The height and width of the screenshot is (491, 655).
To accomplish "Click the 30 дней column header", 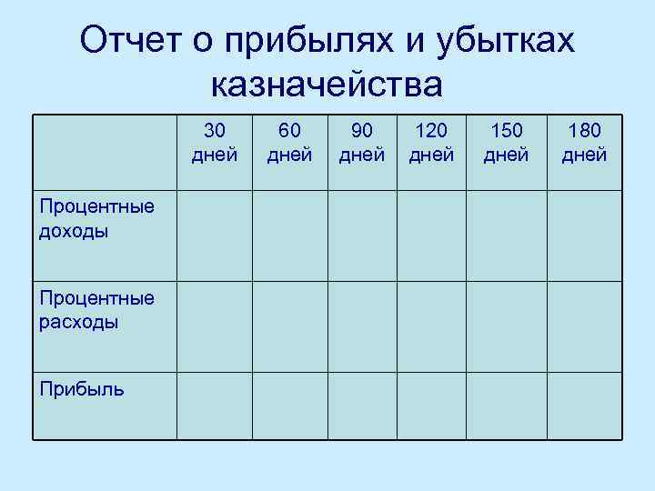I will click(215, 143).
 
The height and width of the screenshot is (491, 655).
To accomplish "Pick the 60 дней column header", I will click(289, 143).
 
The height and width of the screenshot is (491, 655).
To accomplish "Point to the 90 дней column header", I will click(362, 143).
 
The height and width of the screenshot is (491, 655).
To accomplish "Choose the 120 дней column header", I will click(431, 143).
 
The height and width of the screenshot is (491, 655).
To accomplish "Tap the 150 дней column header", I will click(506, 143).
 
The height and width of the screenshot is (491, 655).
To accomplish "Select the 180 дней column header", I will click(584, 143).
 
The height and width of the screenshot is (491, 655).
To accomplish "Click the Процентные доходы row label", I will click(96, 218).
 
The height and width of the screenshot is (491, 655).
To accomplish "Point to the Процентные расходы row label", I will click(96, 309).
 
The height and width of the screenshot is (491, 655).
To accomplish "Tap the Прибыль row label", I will click(82, 389).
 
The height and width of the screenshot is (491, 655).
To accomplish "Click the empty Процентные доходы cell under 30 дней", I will click(214, 235).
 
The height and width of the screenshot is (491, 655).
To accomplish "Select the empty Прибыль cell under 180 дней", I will click(584, 406).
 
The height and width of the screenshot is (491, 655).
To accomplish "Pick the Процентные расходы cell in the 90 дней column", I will click(362, 326).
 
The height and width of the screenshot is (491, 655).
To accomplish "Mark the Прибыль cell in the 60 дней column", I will click(289, 406).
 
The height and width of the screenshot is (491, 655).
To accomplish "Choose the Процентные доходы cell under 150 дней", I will click(506, 235).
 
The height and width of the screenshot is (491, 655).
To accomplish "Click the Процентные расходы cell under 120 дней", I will click(431, 326).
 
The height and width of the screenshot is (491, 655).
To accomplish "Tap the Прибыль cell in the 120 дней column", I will click(431, 406).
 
